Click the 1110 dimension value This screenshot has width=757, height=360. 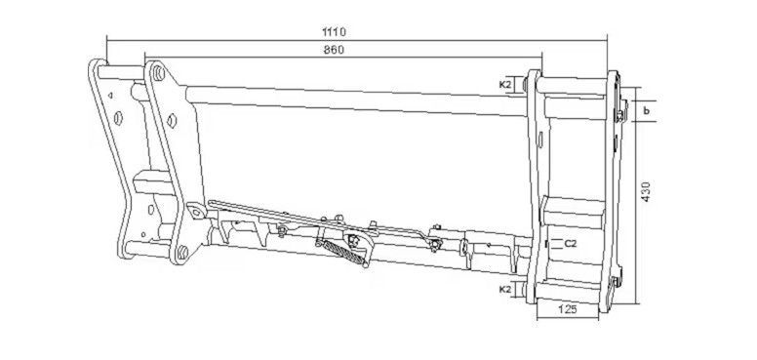pos(334,32)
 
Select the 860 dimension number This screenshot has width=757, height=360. pos(334,50)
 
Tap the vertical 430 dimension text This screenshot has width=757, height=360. pos(647,191)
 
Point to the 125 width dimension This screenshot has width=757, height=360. pos(568,310)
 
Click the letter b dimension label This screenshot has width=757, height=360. pos(647,110)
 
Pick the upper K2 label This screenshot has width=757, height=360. pos(505,85)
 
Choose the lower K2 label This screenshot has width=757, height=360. pos(505,290)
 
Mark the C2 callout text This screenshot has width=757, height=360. pos(570,244)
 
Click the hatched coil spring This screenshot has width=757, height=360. pos(343,252)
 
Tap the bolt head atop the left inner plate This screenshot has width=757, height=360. pos(158,73)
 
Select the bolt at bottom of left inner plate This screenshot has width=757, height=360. pos(182,252)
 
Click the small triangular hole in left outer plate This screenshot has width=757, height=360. pos(110,96)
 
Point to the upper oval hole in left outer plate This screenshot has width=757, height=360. pos(118,118)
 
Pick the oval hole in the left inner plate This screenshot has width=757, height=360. pos(172,120)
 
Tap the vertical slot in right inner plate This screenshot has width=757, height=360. pos(540,140)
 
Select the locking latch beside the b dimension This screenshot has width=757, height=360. pos(620,111)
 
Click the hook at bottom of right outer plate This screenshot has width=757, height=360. pos(616,283)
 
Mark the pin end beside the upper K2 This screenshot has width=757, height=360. pos(525,85)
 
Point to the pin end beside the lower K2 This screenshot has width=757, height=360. pos(525,290)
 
